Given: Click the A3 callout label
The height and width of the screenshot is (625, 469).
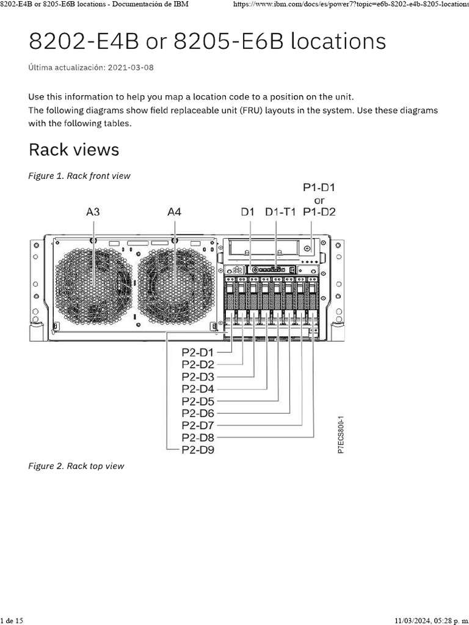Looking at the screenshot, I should click(x=93, y=212).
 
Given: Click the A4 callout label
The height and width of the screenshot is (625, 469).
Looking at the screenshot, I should click(x=175, y=212).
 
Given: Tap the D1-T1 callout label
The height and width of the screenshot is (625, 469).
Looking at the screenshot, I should click(x=280, y=212).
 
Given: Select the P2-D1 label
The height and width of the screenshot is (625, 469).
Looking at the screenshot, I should click(x=198, y=352).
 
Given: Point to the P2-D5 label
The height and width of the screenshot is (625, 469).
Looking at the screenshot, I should click(x=198, y=401).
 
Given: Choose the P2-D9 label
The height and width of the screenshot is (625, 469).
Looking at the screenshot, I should click(x=198, y=450).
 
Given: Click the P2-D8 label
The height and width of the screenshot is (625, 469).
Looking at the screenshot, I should click(x=198, y=438).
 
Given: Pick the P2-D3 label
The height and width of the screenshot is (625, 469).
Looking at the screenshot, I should click(x=198, y=377).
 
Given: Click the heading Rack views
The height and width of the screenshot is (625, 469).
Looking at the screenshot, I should click(x=74, y=150).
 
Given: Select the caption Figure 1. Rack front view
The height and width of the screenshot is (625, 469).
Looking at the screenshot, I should click(x=79, y=176).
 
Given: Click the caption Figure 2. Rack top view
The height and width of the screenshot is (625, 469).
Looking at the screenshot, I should click(x=76, y=466).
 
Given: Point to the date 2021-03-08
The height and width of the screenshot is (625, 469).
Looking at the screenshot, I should click(x=131, y=67).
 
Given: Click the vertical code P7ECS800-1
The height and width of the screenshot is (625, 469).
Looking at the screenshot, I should click(x=341, y=435).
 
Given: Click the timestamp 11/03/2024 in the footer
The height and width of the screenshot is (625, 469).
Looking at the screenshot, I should click(x=415, y=620).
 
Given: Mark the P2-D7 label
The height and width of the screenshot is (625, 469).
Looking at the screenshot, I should click(x=198, y=425).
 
